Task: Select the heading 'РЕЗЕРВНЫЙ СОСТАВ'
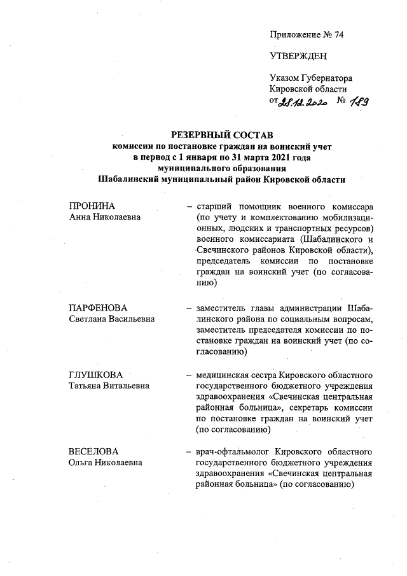tap(222, 135)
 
